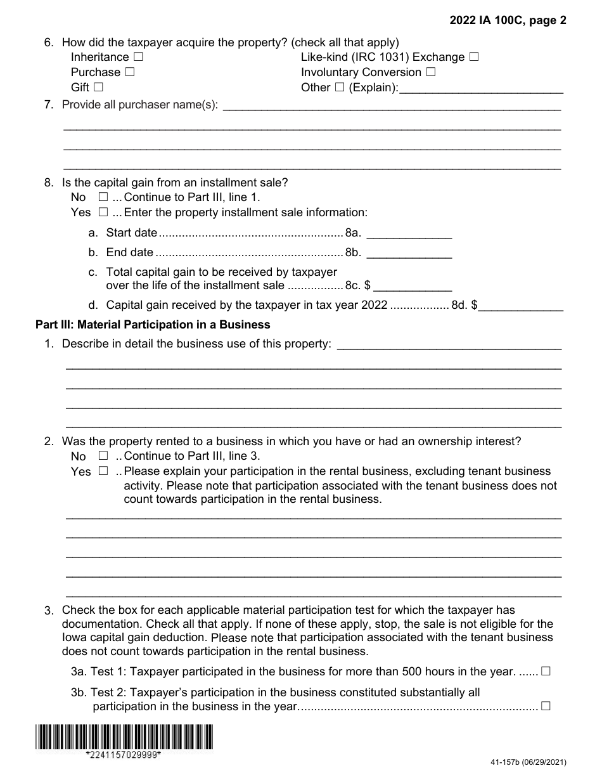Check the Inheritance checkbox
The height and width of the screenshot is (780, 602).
[x=138, y=57]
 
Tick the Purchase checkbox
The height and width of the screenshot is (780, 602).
[x=129, y=72]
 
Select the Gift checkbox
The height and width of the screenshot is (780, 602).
[x=98, y=88]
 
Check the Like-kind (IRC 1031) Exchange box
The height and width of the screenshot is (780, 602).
[x=474, y=57]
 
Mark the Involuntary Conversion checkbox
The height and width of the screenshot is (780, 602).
[x=431, y=72]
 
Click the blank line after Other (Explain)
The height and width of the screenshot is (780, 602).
[x=482, y=89]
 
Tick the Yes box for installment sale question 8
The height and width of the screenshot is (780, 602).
[x=103, y=212]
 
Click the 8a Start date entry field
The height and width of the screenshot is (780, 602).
[x=409, y=233]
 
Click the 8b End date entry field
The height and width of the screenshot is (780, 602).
[x=409, y=252]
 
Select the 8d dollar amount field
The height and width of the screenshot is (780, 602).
[x=522, y=305]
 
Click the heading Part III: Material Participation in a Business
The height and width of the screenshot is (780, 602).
[x=153, y=325]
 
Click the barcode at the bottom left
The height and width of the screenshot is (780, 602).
[x=124, y=737]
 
